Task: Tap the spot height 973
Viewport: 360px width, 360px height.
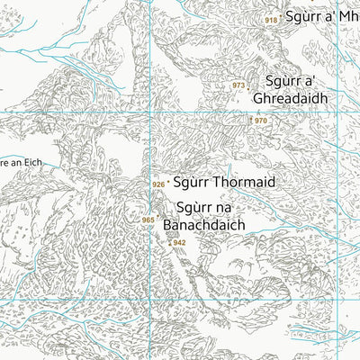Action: [x=238, y=85]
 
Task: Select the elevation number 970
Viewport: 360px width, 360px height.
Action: [x=261, y=121]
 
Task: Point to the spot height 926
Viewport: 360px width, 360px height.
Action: [x=158, y=184]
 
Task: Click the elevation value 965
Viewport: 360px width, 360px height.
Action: [x=148, y=220]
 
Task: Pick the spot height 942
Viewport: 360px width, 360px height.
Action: [x=179, y=242]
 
